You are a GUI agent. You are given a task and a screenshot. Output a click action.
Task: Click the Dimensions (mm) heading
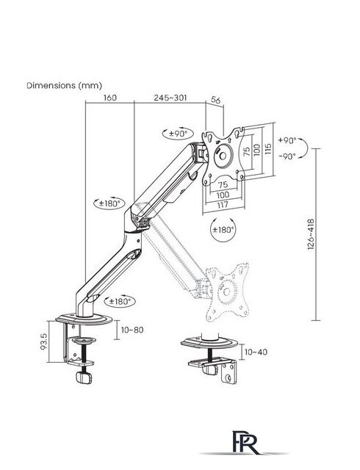point(65,85)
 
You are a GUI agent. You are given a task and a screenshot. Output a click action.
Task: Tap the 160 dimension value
point(109,98)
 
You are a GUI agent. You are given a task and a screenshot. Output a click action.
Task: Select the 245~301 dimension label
point(170,98)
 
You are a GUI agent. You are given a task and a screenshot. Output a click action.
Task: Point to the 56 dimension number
point(216,100)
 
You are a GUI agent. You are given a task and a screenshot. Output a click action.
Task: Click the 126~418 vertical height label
point(311,234)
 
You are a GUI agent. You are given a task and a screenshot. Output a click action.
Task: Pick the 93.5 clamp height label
point(44,341)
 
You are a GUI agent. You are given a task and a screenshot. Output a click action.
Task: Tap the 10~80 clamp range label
point(132,330)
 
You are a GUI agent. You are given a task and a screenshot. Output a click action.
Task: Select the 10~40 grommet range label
point(256,352)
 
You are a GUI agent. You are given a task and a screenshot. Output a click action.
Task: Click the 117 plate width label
point(223,205)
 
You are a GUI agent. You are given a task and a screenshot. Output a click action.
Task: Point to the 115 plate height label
point(268,149)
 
